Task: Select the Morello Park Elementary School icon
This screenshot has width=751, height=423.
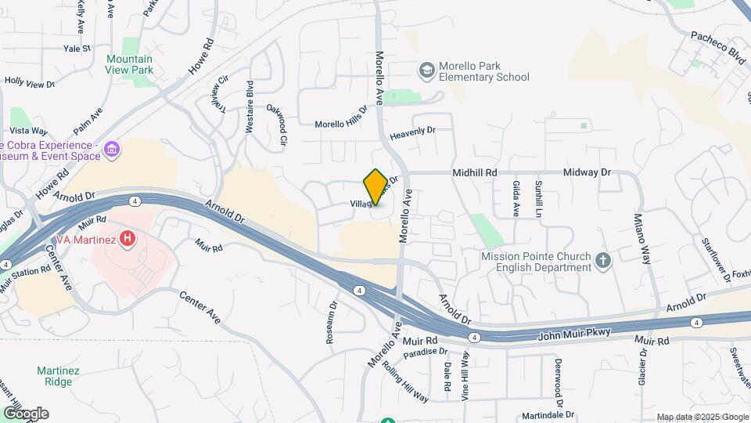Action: click(426, 71)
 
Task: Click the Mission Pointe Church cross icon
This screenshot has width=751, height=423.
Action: click(602, 261)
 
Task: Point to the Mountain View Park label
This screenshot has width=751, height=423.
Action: click(130, 64)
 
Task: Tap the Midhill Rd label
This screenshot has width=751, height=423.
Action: click(475, 172)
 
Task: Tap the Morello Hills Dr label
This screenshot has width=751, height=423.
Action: click(341, 122)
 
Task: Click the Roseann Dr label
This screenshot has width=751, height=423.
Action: click(331, 324)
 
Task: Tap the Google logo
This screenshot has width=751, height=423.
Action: click(25, 413)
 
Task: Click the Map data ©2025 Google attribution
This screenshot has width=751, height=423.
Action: click(702, 417)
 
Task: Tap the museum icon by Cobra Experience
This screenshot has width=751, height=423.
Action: click(111, 149)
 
